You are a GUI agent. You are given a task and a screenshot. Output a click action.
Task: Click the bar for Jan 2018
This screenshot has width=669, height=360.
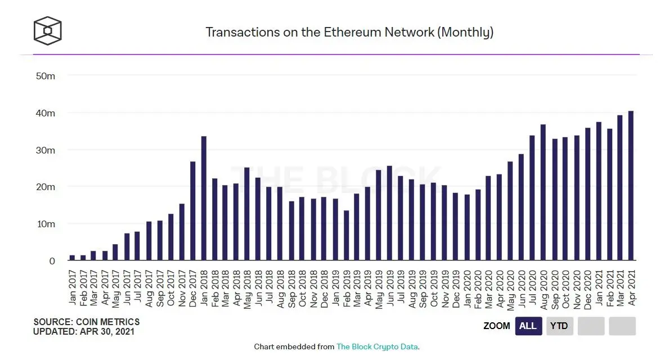coord(204,199)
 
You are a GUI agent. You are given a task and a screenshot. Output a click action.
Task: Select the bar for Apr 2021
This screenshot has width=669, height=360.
coord(631,186)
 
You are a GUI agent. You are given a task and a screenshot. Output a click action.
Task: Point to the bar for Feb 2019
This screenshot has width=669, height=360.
coord(346,235)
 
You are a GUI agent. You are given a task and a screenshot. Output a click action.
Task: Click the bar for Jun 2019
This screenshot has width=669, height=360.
coord(390,213)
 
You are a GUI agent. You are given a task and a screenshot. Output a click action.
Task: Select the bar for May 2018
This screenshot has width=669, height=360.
coord(247,214)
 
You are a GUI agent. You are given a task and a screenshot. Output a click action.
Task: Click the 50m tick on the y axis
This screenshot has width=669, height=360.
coord(45,75)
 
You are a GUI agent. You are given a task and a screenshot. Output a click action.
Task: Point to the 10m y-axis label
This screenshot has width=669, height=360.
coord(45,224)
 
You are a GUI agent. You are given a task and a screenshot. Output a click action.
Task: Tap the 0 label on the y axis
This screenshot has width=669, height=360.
coord(52,261)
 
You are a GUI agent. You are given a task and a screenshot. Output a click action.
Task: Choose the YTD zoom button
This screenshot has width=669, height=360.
coord(559,326)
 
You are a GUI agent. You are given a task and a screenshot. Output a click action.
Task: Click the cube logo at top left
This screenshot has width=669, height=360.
coord(47,31)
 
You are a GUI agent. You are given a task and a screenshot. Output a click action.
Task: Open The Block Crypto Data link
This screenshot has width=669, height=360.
coord(377,347)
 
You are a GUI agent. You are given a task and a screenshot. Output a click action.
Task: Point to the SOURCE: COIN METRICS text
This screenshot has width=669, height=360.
coord(87,322)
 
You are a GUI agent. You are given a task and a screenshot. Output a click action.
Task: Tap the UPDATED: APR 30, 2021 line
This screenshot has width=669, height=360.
coord(84,332)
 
